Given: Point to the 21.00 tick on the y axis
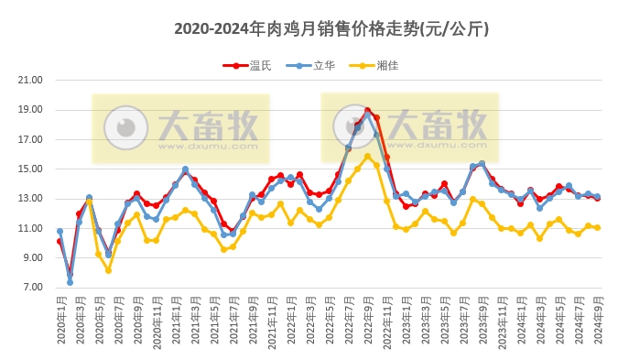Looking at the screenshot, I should (x=31, y=80).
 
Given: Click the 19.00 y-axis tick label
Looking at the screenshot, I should (x=31, y=110).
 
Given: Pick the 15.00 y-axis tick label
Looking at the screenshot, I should (x=31, y=169).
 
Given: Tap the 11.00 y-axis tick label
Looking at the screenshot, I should (x=31, y=228).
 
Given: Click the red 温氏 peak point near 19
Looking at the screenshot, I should (x=367, y=111).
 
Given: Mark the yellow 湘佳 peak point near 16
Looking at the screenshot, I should (x=367, y=156).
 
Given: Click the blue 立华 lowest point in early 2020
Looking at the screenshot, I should (x=70, y=282).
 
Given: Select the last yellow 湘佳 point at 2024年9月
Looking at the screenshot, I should (x=598, y=227).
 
